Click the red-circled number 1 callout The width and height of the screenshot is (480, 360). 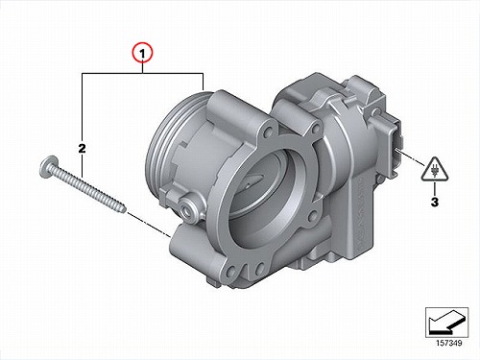pos(143,54)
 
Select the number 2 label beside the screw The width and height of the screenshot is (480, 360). pos(82,149)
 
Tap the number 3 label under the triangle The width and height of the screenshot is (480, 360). pos(434,202)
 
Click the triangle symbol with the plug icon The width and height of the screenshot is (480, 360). pos(435,170)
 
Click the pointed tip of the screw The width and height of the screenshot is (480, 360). pos(124,209)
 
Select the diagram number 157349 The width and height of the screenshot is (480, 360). pos(449,343)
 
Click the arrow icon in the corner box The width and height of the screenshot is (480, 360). pos(446,322)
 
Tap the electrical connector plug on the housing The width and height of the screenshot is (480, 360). pos(396,148)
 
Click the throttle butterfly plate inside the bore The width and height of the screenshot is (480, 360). pos(254,180)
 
